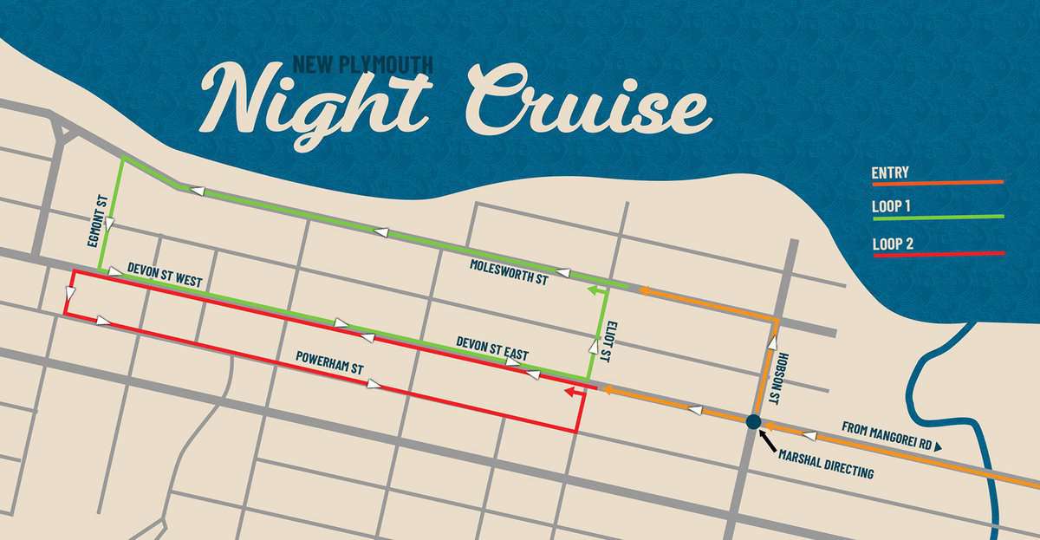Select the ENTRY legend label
(x=890, y=173)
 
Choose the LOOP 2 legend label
(x=893, y=244)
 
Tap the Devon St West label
(x=164, y=276)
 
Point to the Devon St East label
(x=492, y=349)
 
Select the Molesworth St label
(x=509, y=270)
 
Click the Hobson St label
(x=785, y=374)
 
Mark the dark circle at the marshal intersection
(x=753, y=422)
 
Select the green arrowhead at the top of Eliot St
(x=595, y=292)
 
